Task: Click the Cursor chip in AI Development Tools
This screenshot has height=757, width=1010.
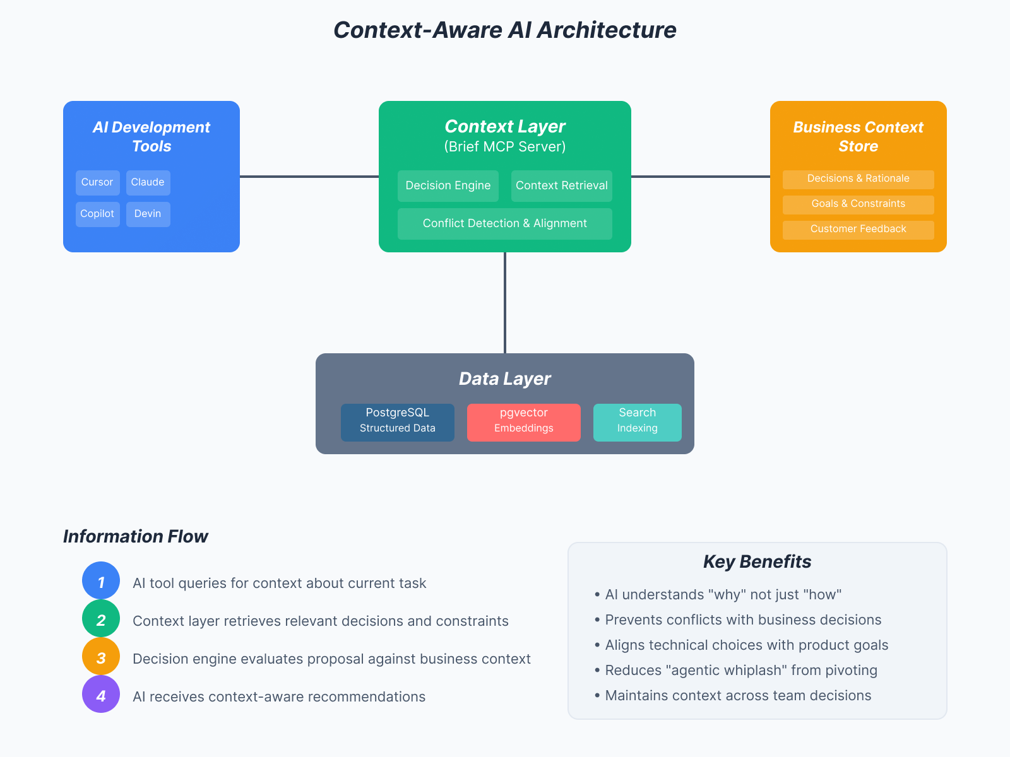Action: (97, 182)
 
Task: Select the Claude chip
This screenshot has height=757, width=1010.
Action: (148, 182)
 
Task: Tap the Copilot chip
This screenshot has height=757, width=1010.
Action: (97, 214)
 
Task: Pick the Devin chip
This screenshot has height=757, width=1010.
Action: (148, 214)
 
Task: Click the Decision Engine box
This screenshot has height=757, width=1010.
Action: (448, 185)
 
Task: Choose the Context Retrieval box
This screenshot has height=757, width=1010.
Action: (562, 185)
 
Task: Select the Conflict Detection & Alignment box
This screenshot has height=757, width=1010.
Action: (505, 223)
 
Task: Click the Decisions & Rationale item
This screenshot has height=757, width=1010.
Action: (858, 179)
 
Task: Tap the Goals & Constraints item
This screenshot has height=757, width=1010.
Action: (858, 204)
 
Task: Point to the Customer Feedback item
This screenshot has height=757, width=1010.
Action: (858, 230)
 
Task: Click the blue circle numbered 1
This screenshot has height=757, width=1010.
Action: (101, 580)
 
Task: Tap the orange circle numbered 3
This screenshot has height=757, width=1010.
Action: (101, 656)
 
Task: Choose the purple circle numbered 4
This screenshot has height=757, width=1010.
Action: (101, 694)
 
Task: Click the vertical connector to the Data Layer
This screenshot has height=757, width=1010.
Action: (505, 303)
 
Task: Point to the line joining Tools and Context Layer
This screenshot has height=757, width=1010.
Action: (309, 177)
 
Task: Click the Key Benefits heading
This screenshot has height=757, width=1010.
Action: (757, 561)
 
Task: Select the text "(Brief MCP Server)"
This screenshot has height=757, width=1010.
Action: (505, 147)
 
